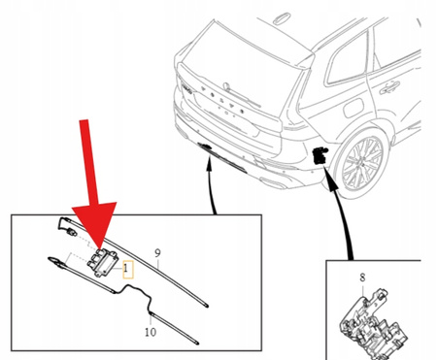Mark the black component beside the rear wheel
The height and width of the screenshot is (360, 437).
click(319, 151)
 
